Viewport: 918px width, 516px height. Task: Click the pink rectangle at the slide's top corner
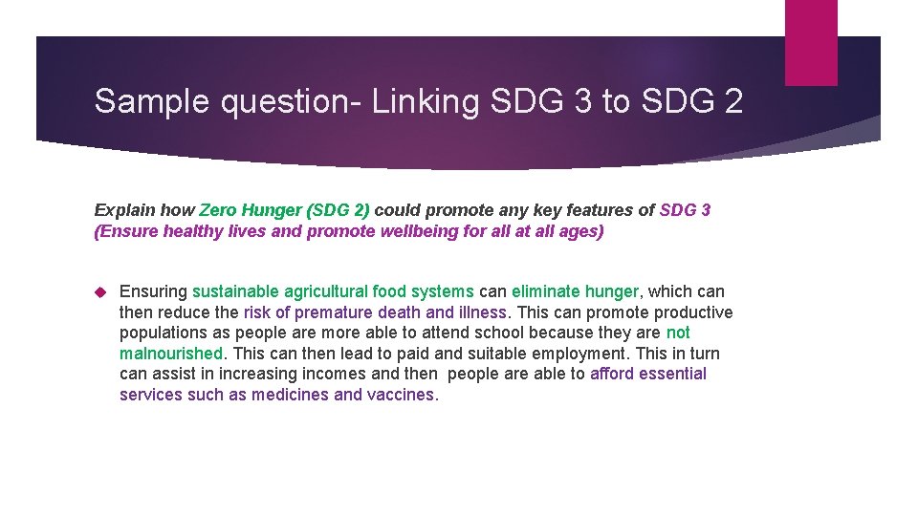pos(810,42)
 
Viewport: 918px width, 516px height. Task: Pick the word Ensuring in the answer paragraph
pos(153,291)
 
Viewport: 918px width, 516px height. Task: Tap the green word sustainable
pos(236,291)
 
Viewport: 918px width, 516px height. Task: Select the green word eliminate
pos(544,291)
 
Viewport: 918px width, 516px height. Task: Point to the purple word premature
pos(334,312)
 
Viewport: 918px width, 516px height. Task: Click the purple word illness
pos(483,312)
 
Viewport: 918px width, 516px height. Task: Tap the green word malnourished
pos(170,354)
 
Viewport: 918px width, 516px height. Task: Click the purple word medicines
pos(291,395)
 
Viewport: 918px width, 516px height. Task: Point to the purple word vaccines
pos(401,395)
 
